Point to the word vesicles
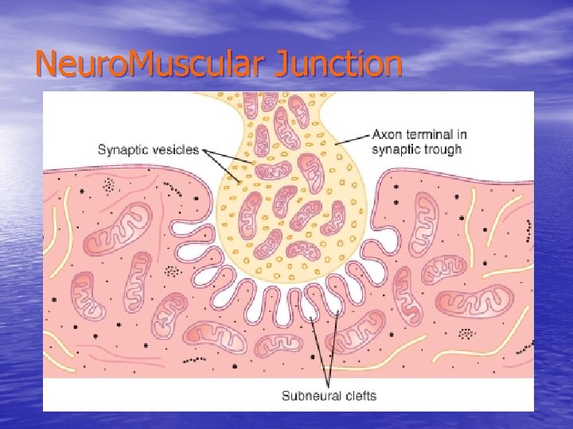(176, 149)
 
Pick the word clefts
(358, 395)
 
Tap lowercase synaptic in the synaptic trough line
(398, 149)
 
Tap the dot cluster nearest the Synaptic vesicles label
(109, 186)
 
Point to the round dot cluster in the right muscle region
(468, 333)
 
